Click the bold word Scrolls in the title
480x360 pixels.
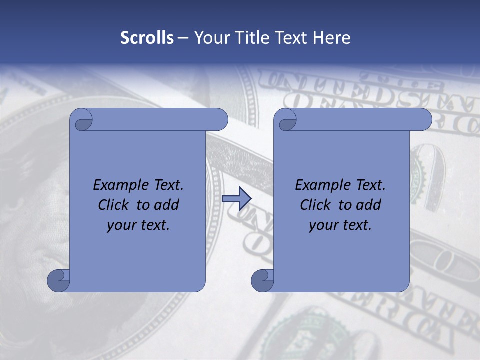coord(147,38)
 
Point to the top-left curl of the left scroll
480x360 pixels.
coord(81,120)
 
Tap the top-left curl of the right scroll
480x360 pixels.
coord(286,120)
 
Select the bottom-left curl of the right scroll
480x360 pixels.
coord(262,280)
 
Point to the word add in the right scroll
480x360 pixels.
coord(369,205)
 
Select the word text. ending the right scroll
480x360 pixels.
coord(356,225)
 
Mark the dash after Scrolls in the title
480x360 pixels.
coord(183,38)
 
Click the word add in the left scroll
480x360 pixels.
coord(167,205)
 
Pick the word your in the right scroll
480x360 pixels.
coord(323,225)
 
